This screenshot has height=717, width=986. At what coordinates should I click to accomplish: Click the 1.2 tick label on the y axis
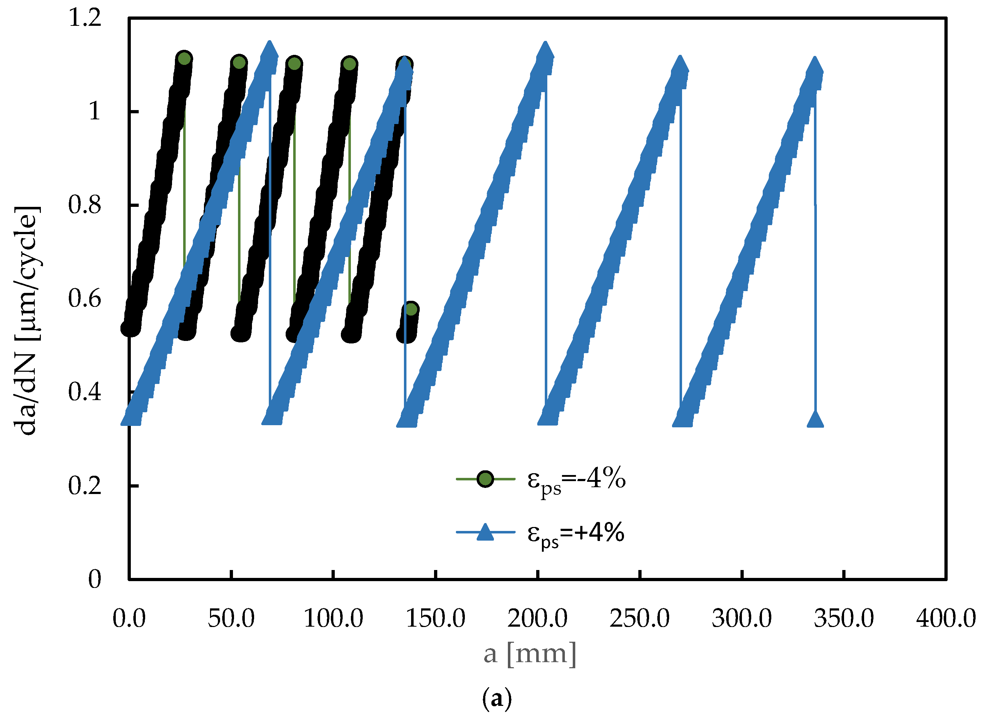coord(85,18)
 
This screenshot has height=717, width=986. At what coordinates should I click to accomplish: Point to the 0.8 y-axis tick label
coord(85,205)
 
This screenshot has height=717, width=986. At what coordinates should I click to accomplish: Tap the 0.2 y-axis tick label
coord(85,486)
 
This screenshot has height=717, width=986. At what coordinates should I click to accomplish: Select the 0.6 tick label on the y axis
coord(85,299)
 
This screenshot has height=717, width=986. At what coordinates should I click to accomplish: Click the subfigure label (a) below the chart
coord(497,699)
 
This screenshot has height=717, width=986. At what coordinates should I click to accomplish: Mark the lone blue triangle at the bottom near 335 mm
coord(815,419)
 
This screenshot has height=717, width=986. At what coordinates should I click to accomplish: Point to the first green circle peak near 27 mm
coord(184,58)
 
